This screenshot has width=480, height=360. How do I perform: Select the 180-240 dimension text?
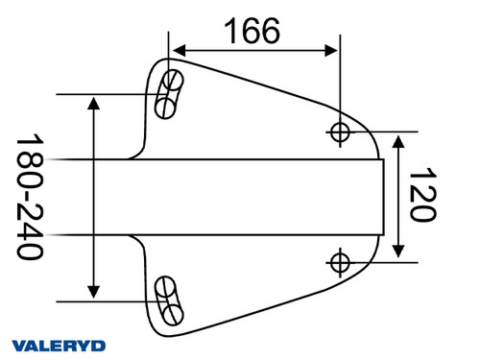coord(31,198)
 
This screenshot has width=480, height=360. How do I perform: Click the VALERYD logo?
coord(59,345)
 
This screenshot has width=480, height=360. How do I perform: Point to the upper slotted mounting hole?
coord(171,93)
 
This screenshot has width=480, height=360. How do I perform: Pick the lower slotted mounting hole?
coord(170,300)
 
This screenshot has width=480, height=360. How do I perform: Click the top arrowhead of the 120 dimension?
coord(400,139)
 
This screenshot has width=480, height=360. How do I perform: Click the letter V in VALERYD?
coord(18,345)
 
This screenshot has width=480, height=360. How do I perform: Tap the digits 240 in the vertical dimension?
coord(31,234)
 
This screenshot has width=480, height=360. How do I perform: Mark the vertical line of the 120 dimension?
coord(400,196)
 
